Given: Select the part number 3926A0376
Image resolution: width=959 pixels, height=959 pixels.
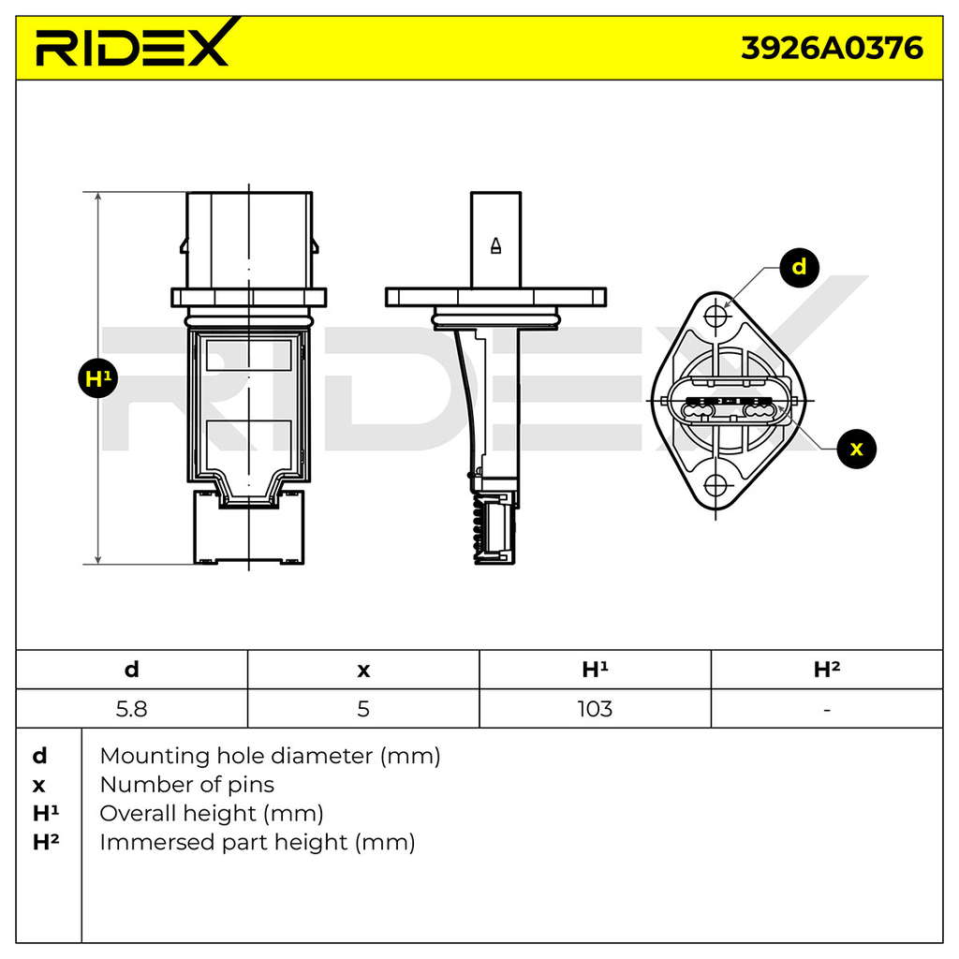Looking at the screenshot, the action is coord(832,48).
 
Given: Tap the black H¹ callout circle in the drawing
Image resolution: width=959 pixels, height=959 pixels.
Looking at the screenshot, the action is coord(97,378).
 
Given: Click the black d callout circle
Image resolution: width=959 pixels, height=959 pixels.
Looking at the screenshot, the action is coord(800,267).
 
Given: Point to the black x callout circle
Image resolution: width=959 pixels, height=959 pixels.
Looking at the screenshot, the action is coord(856,449).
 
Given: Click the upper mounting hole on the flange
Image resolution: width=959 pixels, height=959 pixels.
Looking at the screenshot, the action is coord(716,317).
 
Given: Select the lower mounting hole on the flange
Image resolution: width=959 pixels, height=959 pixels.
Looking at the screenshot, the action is coord(716,486).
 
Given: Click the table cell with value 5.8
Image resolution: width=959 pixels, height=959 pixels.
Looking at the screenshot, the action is coord(131,709).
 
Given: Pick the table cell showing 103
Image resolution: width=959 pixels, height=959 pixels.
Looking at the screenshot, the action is coord(595,709).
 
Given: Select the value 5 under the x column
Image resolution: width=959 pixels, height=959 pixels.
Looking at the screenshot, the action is coord(363,709).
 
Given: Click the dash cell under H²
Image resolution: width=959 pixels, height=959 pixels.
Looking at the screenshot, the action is coord(827,710).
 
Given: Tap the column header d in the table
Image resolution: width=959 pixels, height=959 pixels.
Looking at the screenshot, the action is coord(131,669).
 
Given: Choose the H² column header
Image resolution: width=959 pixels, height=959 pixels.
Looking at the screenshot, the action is coord(827,669).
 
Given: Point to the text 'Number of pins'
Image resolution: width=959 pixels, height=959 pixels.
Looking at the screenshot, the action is coord(187,785).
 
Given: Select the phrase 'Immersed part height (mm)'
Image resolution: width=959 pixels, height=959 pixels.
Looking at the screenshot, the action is coord(258,843).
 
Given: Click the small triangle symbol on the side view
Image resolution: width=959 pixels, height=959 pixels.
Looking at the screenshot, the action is coord(496,245).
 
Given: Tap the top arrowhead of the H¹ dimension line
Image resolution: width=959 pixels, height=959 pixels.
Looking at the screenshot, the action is coord(97,197).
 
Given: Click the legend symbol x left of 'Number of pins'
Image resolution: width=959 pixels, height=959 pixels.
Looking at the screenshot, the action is coord(38,786).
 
